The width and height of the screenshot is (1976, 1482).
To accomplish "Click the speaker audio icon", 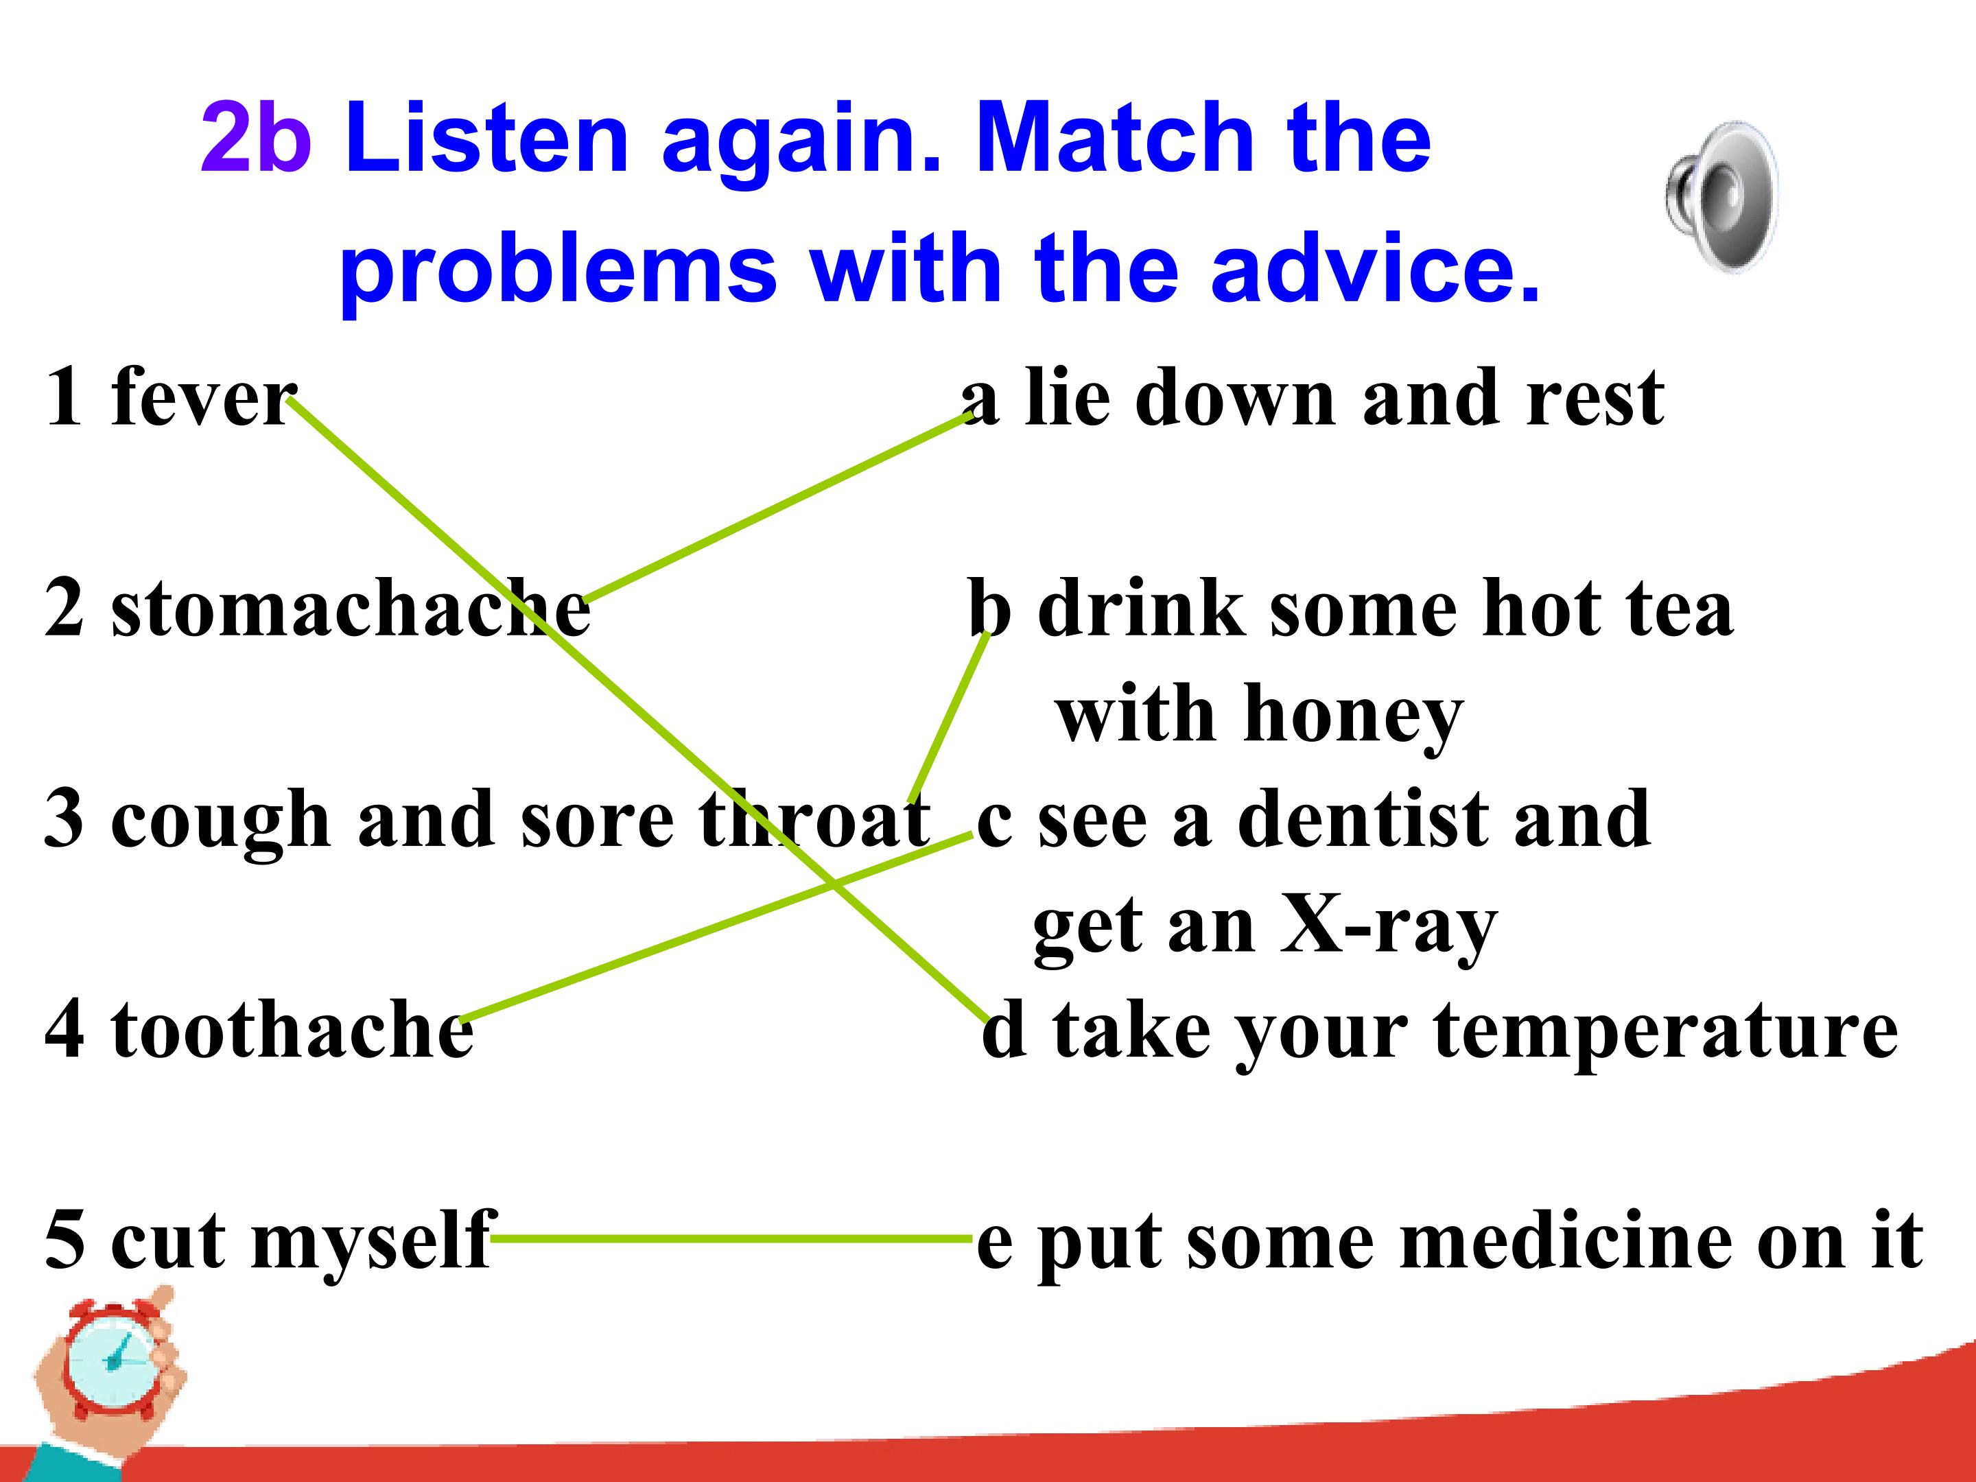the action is pos(1721,196).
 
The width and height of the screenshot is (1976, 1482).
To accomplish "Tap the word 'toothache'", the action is pos(292,1031).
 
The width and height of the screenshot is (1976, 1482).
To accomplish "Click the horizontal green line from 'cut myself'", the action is pos(731,1239).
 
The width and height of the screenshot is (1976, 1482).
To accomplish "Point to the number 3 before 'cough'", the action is pos(64,819).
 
